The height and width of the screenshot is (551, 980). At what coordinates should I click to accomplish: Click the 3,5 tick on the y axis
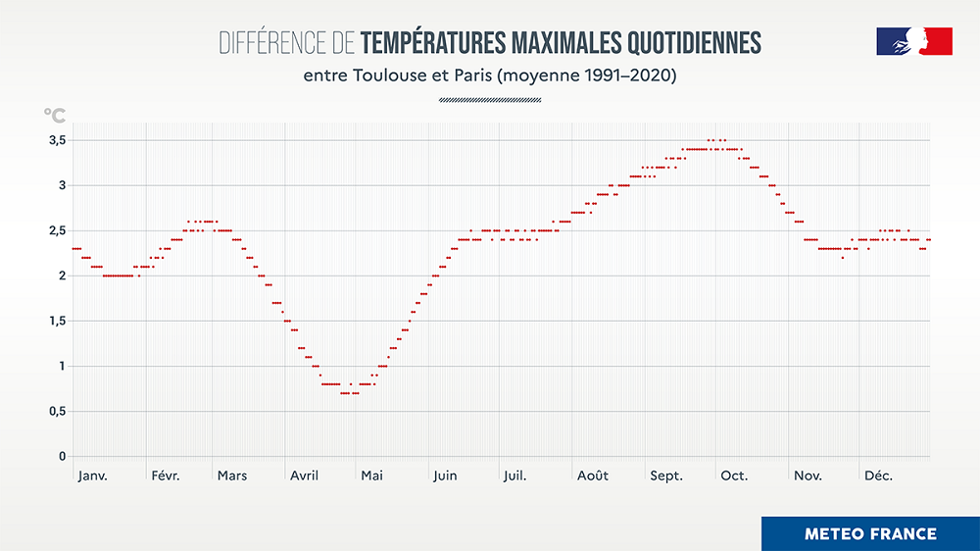pos(57,140)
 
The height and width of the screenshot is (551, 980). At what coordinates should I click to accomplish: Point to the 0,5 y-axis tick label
pos(57,412)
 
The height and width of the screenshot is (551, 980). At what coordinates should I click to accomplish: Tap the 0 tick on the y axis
pos(62,457)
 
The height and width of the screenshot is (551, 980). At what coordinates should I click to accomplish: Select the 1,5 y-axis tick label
pos(57,322)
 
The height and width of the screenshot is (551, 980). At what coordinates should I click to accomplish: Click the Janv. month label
pos(92,476)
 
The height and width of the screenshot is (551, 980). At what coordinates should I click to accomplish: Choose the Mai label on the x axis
pos(371,476)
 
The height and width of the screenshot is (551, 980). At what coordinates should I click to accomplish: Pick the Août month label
pos(592,476)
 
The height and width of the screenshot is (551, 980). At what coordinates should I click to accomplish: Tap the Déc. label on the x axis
pos(878,476)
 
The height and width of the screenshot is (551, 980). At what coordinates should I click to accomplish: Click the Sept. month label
pos(666,476)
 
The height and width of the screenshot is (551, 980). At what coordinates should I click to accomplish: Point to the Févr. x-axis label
pos(166,476)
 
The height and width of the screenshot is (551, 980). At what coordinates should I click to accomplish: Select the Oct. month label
pos(734,476)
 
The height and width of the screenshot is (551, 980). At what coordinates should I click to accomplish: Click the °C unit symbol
pos(55,115)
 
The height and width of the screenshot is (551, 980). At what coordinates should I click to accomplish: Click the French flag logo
pos(913,41)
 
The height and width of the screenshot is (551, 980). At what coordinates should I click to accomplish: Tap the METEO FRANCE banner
pos(870,533)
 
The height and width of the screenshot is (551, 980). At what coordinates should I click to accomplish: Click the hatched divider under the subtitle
pos(490,99)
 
